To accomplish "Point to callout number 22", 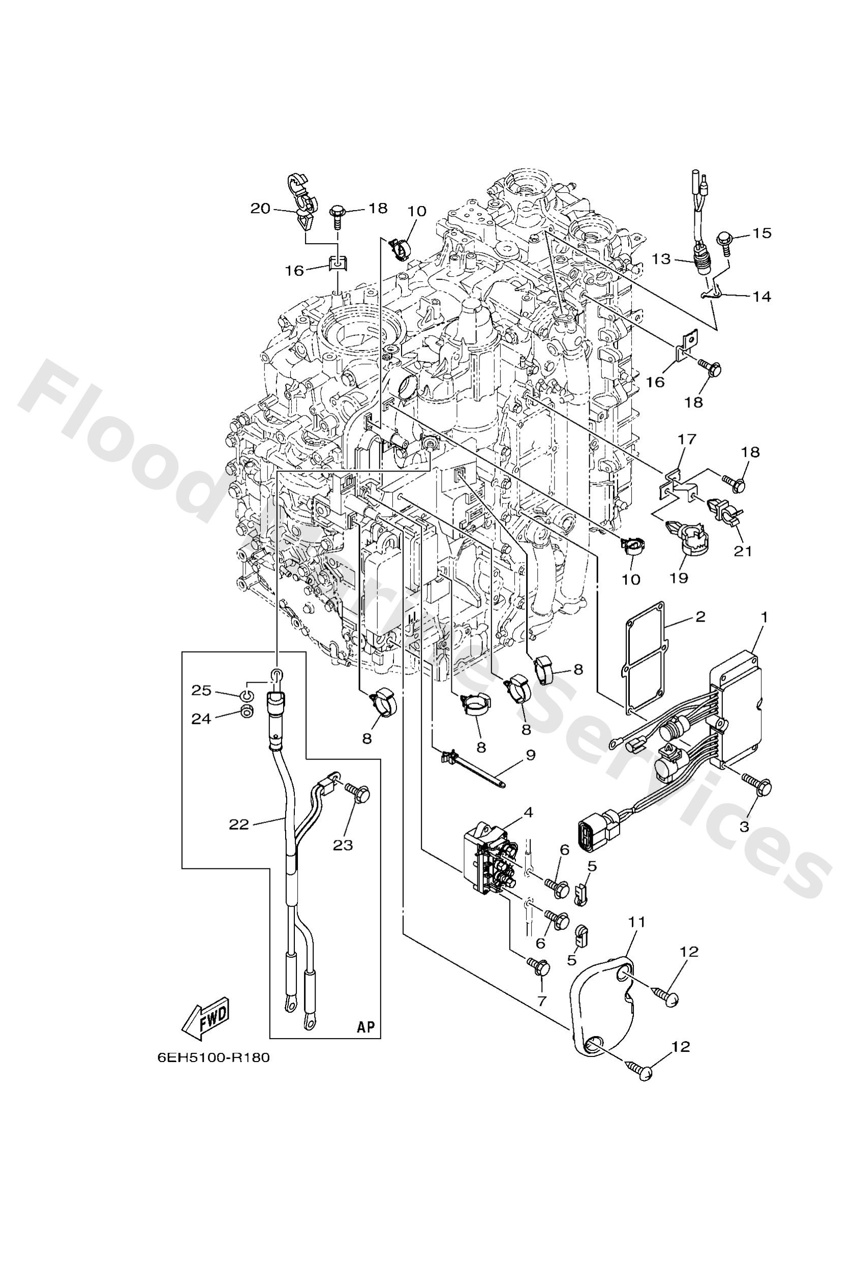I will coord(238,825).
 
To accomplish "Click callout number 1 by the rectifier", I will coord(765,618).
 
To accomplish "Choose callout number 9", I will coord(530,755).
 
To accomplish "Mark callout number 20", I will coord(260,208).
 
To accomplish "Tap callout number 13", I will coord(662,259).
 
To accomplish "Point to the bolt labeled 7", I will coord(539,969).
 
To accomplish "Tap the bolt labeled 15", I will coord(723,240).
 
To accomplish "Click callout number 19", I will coord(679,578).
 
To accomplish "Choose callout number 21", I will coord(743,551).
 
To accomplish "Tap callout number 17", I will coord(687,439).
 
